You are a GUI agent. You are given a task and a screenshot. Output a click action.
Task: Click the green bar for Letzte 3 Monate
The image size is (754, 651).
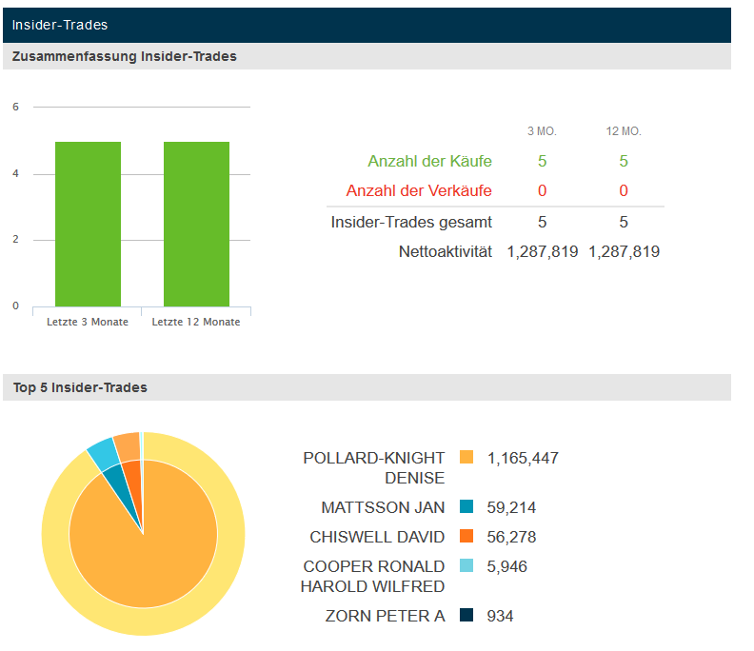pos(88,224)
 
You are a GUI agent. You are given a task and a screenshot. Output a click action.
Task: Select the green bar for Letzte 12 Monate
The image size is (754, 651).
pos(196,224)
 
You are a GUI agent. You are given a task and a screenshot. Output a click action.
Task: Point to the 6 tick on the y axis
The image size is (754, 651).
pos(15,108)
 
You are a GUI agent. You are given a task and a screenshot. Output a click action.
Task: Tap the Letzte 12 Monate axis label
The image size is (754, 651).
pos(196,322)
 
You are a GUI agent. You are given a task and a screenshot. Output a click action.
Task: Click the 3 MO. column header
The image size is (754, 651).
pos(542,130)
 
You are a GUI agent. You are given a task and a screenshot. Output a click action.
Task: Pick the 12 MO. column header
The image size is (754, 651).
pos(624,130)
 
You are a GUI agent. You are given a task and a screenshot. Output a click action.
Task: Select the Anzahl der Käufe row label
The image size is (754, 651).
pos(429,162)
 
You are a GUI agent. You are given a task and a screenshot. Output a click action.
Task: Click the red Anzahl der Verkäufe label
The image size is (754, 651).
pos(419,191)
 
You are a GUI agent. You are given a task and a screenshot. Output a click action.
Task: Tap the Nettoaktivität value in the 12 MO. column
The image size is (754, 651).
pos(624,252)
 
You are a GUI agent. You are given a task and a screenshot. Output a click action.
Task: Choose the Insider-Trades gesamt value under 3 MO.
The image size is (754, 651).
pos(542,223)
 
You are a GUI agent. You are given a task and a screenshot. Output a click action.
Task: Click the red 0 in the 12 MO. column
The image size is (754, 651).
pos(624,191)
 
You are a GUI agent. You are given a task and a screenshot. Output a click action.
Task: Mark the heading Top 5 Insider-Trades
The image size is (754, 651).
pos(80,387)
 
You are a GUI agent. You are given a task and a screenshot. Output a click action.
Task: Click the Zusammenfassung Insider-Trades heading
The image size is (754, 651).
pos(125,56)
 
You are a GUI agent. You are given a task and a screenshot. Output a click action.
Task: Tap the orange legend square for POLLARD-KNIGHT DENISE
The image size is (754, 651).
pos(466,458)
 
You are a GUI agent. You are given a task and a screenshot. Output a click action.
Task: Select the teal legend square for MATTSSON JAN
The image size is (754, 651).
pos(466,507)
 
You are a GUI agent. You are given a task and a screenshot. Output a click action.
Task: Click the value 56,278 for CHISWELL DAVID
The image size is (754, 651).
pos(511,537)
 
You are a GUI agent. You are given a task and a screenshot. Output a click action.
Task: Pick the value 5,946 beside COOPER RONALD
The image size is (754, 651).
pos(506,566)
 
